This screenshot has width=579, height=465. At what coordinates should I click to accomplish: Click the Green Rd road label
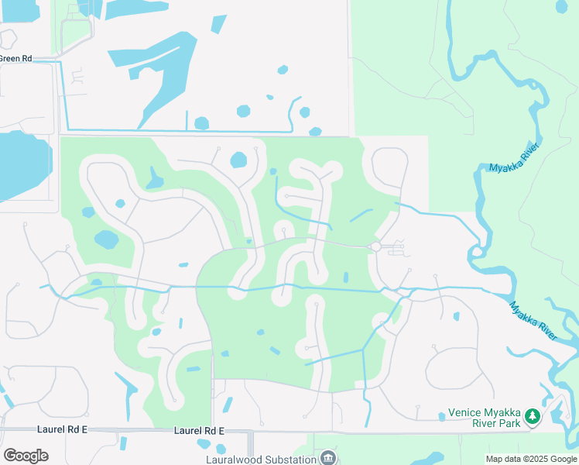point(15,59)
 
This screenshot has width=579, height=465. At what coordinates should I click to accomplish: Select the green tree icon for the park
point(533,417)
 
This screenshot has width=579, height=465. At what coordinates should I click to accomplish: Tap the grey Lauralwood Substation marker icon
point(328,457)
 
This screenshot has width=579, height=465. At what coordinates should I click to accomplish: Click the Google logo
point(26,456)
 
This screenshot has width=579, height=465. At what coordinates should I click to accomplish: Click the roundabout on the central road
point(375,246)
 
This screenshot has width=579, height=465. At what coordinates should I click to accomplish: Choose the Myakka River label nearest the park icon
point(533,319)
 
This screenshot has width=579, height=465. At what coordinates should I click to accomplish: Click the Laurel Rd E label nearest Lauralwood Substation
point(199,430)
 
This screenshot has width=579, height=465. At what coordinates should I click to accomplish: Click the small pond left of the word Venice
point(441,416)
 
